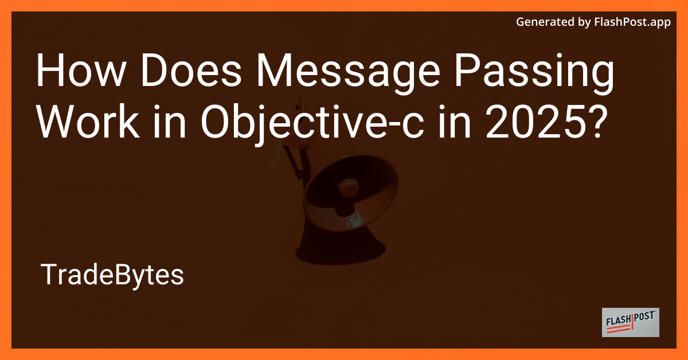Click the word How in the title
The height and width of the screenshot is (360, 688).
pyautogui.click(x=74, y=74)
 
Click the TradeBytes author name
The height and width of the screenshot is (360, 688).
pyautogui.click(x=112, y=276)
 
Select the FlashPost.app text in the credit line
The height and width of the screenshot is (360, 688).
pyautogui.click(x=636, y=22)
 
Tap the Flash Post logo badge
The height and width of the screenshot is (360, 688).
pyautogui.click(x=630, y=322)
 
